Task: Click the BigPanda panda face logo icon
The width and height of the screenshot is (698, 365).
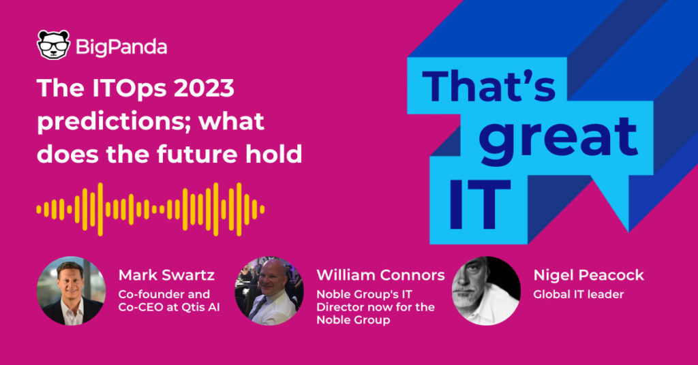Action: click(53, 45)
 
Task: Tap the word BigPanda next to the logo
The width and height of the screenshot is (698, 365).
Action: click(121, 47)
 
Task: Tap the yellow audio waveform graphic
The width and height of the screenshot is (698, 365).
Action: click(151, 209)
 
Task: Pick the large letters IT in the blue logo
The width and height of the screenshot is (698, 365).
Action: click(479, 204)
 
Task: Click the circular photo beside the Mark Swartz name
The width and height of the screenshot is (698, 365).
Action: click(71, 291)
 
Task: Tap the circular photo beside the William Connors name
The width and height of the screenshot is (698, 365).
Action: click(269, 291)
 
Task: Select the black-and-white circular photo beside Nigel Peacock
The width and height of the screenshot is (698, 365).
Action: click(486, 291)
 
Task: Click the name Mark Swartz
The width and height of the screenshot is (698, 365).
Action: click(166, 275)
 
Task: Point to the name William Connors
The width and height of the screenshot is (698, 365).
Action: click(380, 275)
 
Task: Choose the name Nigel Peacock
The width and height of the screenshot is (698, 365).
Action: click(588, 275)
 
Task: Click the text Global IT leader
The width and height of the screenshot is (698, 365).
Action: click(578, 294)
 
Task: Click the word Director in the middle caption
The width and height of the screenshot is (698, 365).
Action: click(335, 307)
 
